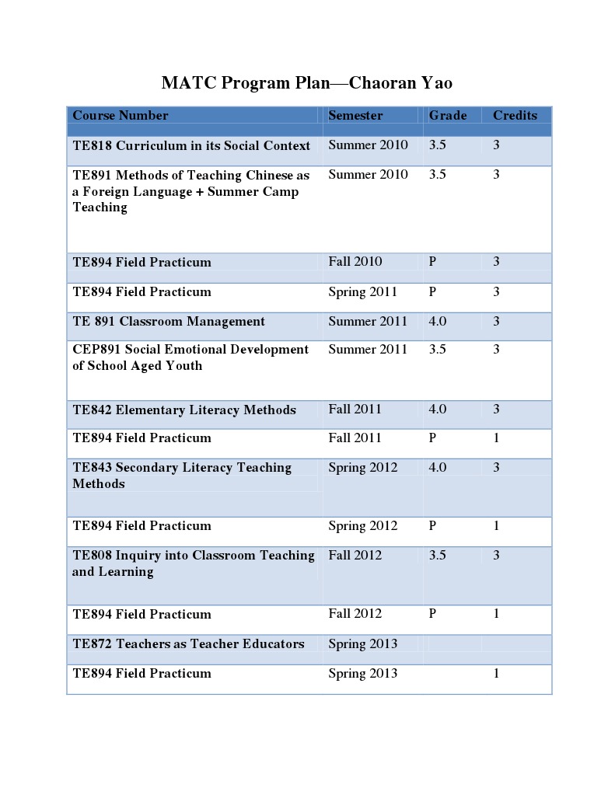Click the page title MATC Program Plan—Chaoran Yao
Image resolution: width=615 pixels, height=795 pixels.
pos(307,82)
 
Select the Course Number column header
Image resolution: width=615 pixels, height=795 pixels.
pos(121,116)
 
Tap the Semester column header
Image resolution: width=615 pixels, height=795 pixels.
pos(355,116)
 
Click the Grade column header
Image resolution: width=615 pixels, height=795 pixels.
pos(448,116)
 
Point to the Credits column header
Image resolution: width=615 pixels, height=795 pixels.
pos(515,116)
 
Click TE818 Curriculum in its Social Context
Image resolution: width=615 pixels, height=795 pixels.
pos(191,146)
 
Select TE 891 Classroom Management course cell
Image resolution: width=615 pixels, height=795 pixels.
pos(169,322)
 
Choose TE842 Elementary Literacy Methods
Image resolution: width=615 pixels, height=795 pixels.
pos(184,410)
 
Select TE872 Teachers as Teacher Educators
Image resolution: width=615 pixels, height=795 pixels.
pos(188,644)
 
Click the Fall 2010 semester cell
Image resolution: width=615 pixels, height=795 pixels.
pos(355,262)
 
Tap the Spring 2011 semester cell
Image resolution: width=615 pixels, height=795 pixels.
pos(362,292)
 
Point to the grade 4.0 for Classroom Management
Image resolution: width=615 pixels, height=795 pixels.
pos(438,322)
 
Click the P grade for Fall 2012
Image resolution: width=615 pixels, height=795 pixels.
pos(432,614)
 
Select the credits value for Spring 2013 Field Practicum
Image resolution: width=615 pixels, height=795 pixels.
pos(496,674)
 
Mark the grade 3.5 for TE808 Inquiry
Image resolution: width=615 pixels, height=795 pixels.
pos(438,556)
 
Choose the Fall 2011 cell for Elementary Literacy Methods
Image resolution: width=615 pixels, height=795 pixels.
pos(355,410)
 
